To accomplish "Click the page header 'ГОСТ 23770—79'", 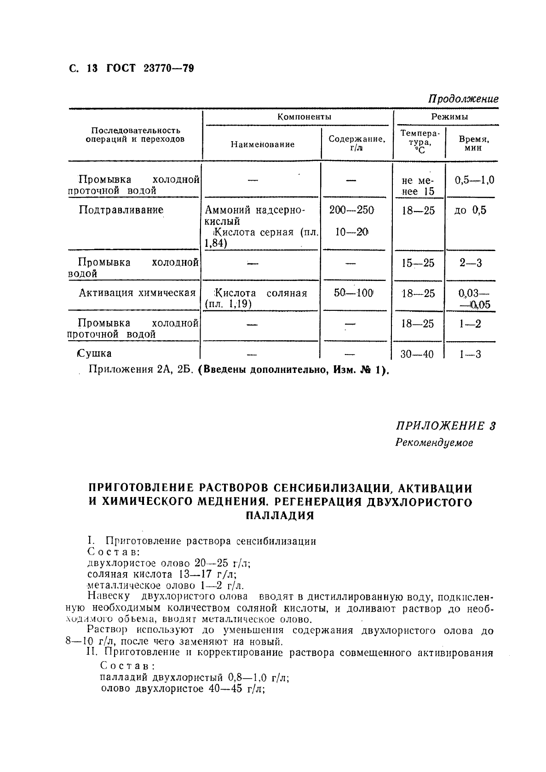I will (x=150, y=69).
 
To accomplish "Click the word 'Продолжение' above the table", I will (x=463, y=99).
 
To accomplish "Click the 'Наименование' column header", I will (x=263, y=144).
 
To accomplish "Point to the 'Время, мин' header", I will (x=474, y=143).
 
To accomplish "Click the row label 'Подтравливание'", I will (x=121, y=210).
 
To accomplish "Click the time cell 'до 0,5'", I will (x=470, y=211).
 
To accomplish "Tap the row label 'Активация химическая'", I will (x=137, y=293).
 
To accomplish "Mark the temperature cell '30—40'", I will (x=417, y=355).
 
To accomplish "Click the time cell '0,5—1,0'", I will (x=474, y=180).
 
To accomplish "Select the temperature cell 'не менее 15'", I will (x=418, y=186).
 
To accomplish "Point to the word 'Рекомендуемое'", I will (x=434, y=443).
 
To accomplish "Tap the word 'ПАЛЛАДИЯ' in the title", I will (x=280, y=515).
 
